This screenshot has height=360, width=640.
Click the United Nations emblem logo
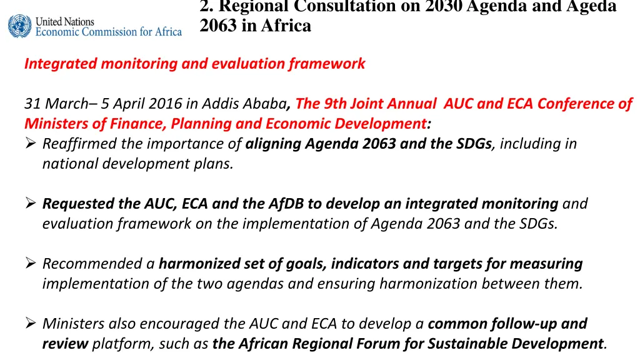19,26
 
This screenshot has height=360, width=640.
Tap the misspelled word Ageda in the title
592,7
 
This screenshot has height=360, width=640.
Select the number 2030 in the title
443,7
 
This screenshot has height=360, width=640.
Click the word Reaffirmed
80,144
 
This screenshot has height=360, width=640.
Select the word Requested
78,204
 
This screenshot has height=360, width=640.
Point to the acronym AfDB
286,204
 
